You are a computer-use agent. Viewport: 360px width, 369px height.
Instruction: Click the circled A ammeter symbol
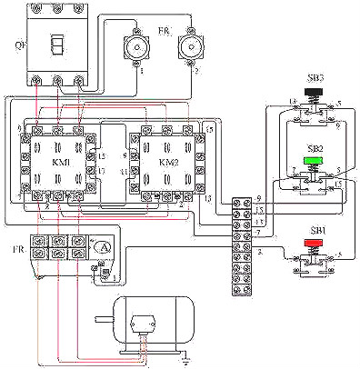click(105, 246)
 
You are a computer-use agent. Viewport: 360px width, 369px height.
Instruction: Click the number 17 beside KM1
click(102, 169)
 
